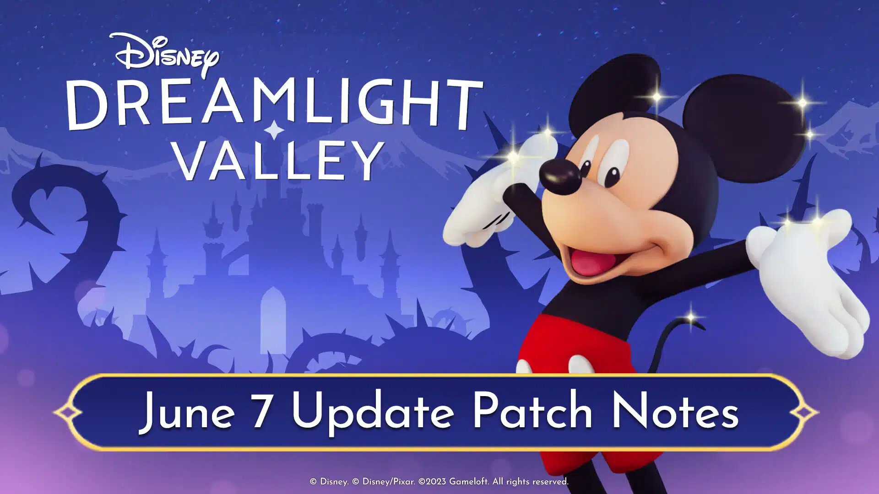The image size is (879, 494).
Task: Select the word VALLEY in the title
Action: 279,160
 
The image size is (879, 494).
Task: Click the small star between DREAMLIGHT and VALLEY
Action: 274,129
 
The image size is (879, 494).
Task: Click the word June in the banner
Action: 187,412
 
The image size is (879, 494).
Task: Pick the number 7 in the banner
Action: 261,411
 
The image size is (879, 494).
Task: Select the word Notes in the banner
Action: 674,411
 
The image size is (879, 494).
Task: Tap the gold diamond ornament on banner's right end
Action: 804,413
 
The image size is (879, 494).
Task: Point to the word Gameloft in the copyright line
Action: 468,482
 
